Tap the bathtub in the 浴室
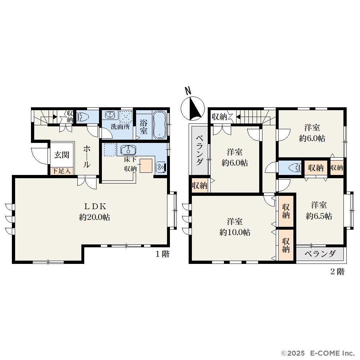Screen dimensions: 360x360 [159, 125]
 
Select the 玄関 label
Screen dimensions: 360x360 [62, 155]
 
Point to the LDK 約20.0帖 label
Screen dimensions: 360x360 [95, 212]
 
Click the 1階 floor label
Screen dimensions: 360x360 [163, 254]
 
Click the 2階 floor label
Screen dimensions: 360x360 [337, 271]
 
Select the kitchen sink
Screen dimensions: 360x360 [128, 150]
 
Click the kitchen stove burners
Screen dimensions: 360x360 [161, 167]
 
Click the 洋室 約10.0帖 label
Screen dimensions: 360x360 [235, 227]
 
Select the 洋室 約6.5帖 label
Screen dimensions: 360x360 [319, 210]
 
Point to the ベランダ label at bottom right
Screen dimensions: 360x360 [320, 254]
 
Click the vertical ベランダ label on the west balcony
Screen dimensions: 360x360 [199, 150]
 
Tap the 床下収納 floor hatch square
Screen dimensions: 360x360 [146, 166]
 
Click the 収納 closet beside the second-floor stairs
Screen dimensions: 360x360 [220, 117]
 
